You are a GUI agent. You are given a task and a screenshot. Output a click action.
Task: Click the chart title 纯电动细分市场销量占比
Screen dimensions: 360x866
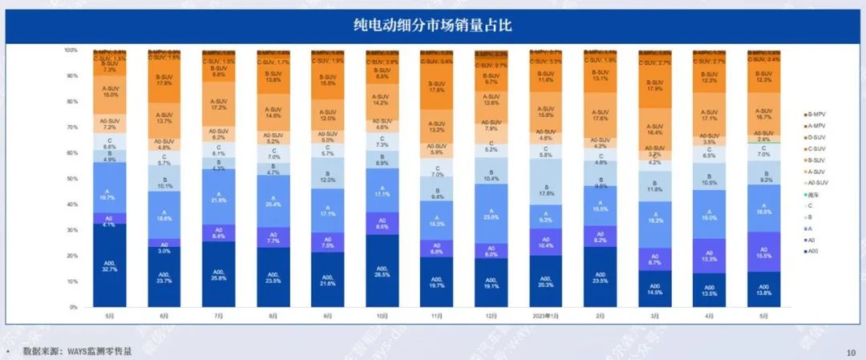[433, 26]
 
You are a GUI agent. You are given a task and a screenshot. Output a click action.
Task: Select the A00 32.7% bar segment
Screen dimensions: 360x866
[108, 265]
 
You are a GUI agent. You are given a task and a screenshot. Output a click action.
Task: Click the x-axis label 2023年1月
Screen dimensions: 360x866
[544, 316]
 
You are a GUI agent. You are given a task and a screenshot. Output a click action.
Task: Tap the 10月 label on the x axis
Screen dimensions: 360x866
[381, 316]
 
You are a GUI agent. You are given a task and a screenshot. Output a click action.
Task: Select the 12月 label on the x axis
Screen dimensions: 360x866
[490, 316]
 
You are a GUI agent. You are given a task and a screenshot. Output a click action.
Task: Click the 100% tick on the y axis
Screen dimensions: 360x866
[71, 50]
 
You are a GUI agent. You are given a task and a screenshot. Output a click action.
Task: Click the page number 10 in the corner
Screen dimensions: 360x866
[851, 352]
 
